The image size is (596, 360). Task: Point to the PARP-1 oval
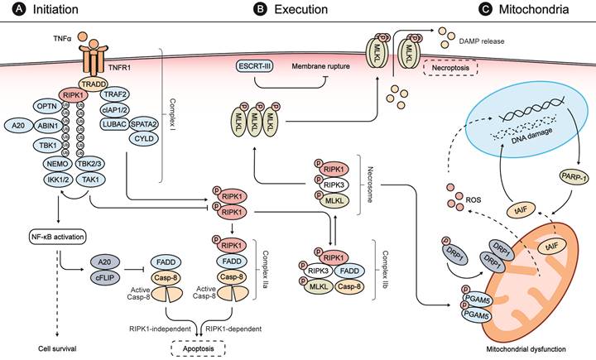[568, 175]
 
